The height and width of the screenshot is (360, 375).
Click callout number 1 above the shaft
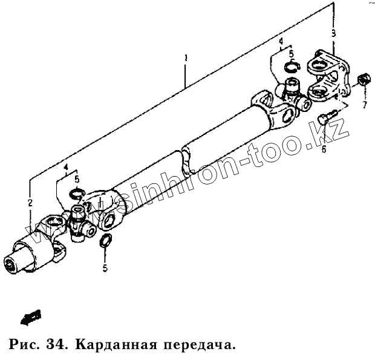pos(186,59)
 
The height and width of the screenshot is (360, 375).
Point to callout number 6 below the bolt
pos(324,149)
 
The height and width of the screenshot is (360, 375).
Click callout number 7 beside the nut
pos(365,105)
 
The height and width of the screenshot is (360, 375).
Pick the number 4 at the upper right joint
pos(281,41)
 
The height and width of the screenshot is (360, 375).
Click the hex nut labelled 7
pos(364,80)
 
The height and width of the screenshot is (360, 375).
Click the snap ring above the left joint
pos(76,194)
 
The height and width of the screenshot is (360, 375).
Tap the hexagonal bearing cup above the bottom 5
pos(104,243)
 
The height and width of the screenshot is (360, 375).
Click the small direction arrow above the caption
pos(30,316)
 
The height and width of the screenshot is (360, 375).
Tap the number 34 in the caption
pos(54,345)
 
